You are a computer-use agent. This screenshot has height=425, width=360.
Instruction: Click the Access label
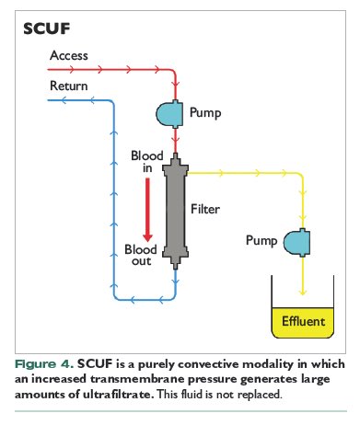click(x=68, y=56)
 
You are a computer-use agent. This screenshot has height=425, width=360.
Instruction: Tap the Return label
click(x=68, y=86)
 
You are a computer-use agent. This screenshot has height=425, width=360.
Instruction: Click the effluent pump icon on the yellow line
click(x=296, y=243)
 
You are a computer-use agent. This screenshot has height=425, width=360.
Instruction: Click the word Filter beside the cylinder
click(x=207, y=209)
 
